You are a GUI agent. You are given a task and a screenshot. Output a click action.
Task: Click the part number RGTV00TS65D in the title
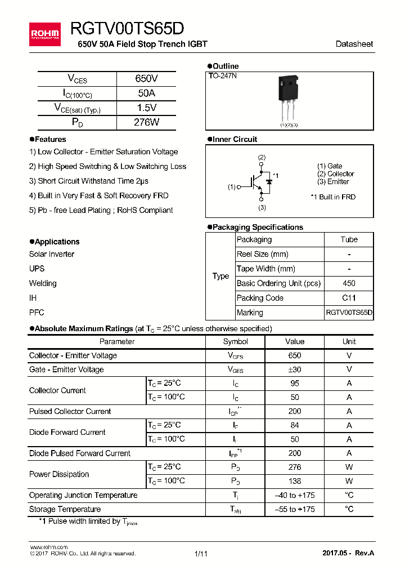point(127,29)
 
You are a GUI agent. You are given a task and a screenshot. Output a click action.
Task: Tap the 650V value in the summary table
point(146,79)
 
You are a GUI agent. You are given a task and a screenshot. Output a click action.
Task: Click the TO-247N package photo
point(289,99)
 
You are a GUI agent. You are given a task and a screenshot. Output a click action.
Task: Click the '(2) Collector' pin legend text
point(335,174)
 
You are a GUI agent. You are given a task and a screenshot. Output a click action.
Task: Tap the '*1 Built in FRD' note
point(333,197)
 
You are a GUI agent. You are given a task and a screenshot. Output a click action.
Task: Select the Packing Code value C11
point(349,298)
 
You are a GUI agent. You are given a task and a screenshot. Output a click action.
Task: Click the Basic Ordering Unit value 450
point(349,283)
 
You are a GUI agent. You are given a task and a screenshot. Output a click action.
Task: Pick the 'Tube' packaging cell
point(349,239)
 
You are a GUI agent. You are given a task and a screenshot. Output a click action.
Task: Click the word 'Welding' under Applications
point(43,283)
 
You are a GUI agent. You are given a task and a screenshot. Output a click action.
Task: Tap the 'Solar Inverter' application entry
point(52,254)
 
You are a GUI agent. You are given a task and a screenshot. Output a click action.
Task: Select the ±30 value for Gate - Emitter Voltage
point(294,369)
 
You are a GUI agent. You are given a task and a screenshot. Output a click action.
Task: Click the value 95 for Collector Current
point(294,384)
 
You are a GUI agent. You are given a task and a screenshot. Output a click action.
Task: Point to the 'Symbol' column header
point(235,341)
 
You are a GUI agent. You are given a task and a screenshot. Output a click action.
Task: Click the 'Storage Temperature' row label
point(65,509)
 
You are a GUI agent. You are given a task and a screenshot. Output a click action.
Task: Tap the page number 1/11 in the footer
point(201,554)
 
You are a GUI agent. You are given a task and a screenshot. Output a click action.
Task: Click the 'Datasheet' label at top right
point(354,44)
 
